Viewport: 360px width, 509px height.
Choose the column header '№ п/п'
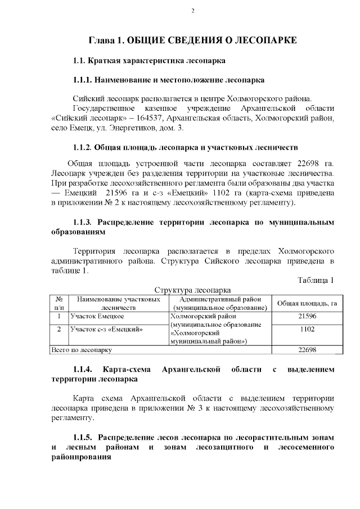click(58, 304)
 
